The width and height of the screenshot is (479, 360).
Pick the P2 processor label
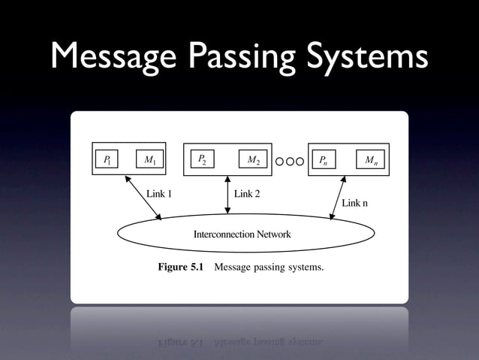(x=201, y=159)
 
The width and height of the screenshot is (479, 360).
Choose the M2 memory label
(x=254, y=159)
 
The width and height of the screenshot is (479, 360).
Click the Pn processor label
(x=322, y=159)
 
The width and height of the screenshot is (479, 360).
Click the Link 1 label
(x=159, y=194)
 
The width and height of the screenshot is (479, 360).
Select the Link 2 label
(x=247, y=194)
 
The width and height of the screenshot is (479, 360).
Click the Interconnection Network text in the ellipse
(x=242, y=234)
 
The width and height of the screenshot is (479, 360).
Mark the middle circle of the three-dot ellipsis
(x=289, y=159)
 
